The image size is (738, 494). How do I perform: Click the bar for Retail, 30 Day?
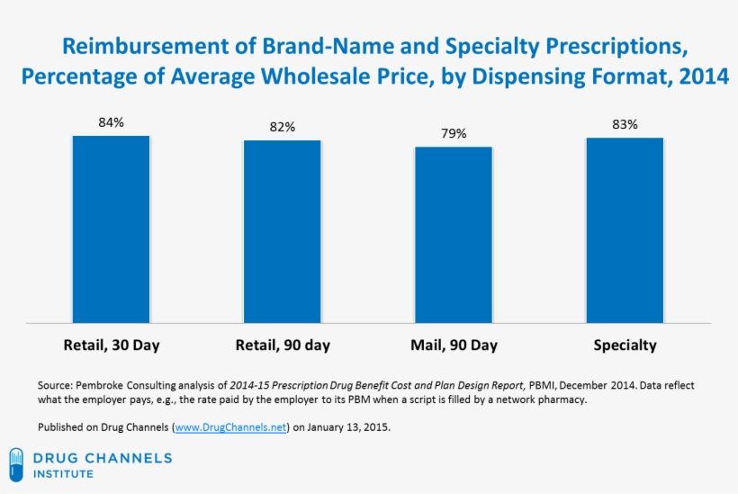pos(111,229)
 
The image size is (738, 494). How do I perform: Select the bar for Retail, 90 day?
pos(282,232)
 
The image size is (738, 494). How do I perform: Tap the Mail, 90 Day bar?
pos(453,235)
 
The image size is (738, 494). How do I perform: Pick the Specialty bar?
pos(625,230)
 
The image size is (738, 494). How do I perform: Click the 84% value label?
pos(111,121)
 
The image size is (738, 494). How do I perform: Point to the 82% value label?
pos(282,127)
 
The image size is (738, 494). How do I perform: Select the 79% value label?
pos(453,133)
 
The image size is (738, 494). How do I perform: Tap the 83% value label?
pos(625,124)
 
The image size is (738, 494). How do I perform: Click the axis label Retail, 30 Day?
pos(111,346)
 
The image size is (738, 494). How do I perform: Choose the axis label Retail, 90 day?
pos(282,346)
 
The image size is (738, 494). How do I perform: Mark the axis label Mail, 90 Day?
pos(453,346)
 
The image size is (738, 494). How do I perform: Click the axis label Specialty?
pos(625,346)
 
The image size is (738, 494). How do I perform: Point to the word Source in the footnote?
pos(54,385)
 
